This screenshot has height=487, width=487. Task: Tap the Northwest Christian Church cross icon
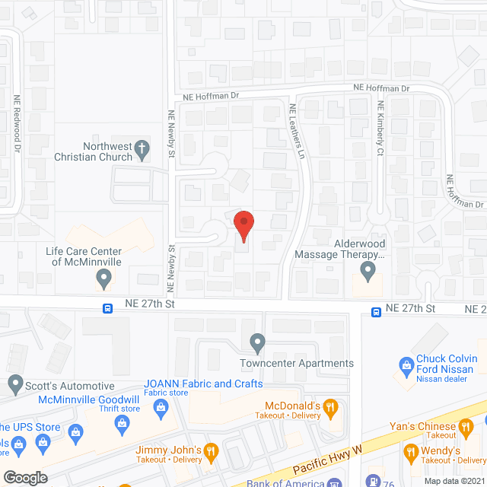coord(142,150)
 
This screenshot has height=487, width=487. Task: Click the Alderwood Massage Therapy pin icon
coord(368,270)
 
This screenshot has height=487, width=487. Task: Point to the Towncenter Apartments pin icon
coord(258,344)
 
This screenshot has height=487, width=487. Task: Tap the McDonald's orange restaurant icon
coord(330,407)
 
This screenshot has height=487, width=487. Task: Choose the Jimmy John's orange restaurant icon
coord(211,450)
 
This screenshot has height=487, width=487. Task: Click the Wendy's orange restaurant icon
coord(411,450)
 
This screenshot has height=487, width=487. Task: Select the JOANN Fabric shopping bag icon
coord(162,409)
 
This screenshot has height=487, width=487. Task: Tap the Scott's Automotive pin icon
coord(14,383)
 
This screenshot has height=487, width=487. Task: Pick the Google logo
coord(26,478)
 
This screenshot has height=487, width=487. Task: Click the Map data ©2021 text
coord(454,480)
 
